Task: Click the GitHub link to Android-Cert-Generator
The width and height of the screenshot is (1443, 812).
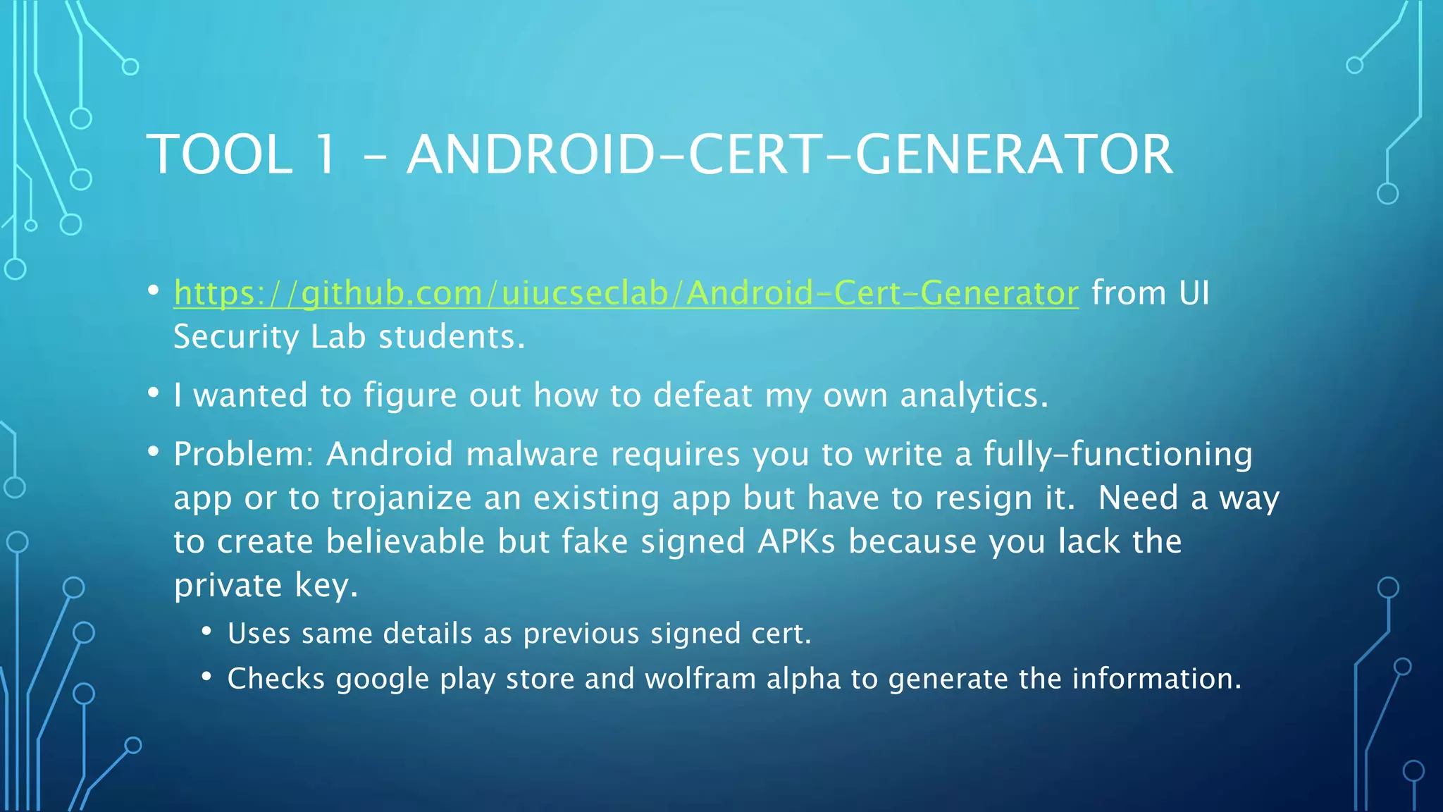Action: (x=626, y=293)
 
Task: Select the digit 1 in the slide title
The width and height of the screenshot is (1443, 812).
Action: (x=325, y=154)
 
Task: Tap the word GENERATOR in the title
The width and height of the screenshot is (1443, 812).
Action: (x=1014, y=154)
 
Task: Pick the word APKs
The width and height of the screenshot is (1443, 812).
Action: (x=796, y=542)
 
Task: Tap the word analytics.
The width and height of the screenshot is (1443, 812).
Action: (x=974, y=395)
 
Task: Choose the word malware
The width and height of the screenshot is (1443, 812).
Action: (x=532, y=454)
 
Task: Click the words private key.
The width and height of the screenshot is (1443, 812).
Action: (x=266, y=586)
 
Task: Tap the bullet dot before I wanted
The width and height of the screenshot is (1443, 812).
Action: (x=154, y=393)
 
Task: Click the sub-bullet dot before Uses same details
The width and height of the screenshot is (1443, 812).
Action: (x=206, y=632)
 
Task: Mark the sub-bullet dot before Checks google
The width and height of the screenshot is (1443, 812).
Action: (x=206, y=677)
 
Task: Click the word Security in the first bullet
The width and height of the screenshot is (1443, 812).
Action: (x=236, y=337)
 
